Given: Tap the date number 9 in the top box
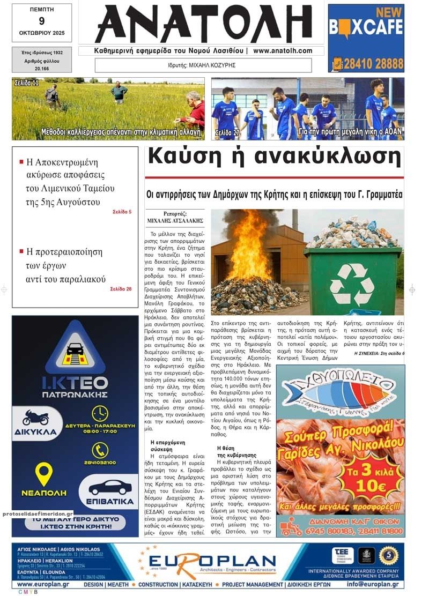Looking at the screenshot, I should [x=42, y=21].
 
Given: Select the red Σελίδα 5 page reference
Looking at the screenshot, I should [x=122, y=212].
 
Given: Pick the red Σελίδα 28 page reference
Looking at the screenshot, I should [x=121, y=289].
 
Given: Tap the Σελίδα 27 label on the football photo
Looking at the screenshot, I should [x=227, y=132].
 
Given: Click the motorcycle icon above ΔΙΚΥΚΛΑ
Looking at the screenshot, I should [x=36, y=417].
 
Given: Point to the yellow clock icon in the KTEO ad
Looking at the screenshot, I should [x=100, y=413].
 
